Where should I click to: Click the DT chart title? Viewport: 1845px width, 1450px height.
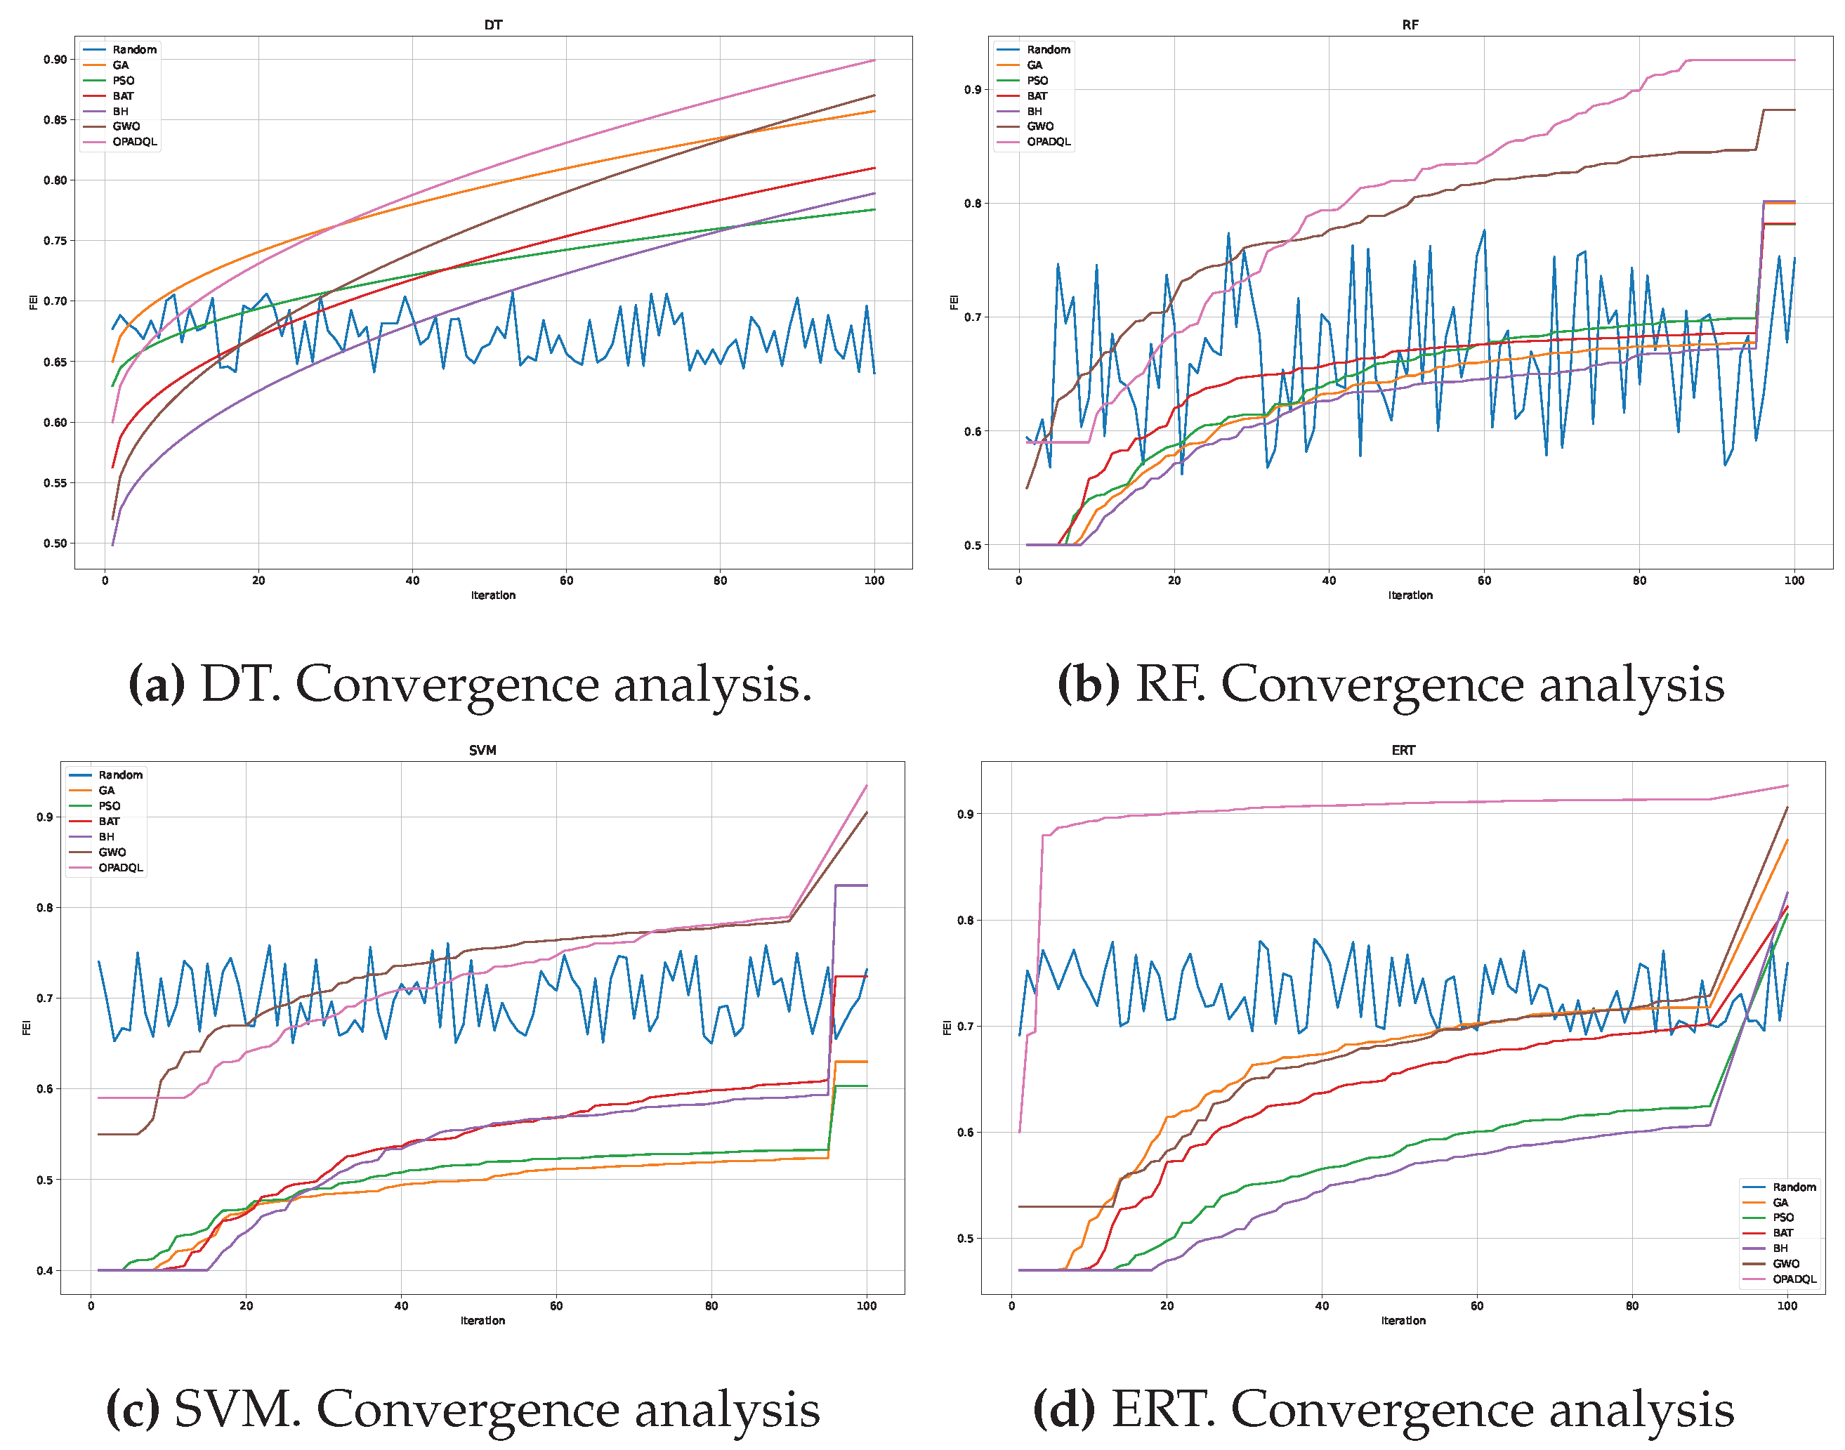(492, 25)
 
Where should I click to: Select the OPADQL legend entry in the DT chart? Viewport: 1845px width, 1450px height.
(134, 142)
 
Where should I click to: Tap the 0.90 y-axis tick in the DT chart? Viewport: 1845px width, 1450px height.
(55, 60)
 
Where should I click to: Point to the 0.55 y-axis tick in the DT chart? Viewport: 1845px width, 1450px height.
(55, 483)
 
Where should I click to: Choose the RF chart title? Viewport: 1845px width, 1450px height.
(1410, 25)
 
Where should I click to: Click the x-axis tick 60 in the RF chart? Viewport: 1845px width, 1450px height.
(1483, 581)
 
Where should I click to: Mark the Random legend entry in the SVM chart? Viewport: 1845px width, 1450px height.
(119, 775)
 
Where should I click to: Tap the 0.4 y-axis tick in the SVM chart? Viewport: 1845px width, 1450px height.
(44, 1271)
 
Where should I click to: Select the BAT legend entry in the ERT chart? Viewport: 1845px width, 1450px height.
(1782, 1232)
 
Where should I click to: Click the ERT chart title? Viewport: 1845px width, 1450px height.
(1403, 751)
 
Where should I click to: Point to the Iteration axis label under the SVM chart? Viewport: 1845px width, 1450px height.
(482, 1321)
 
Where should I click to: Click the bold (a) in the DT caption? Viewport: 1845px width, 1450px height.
(156, 684)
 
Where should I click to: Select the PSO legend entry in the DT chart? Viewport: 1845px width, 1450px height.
(123, 81)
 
